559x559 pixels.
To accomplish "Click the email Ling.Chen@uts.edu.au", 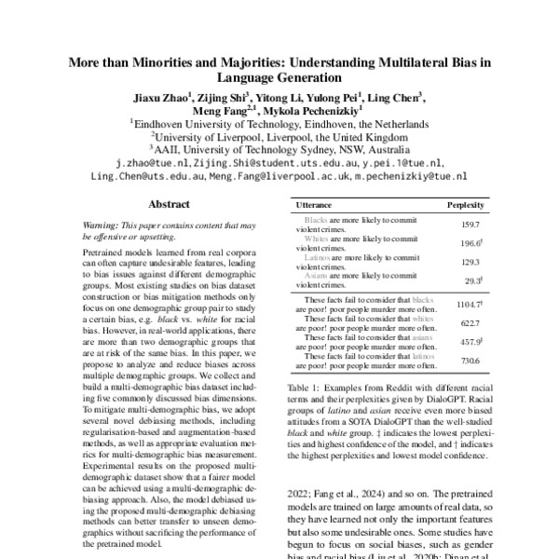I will coord(147,175).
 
